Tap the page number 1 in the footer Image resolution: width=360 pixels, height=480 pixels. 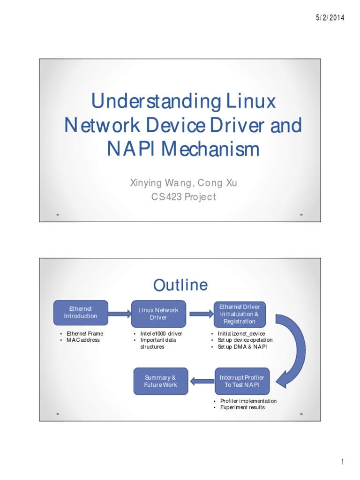tap(343, 463)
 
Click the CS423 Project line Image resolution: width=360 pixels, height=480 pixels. tap(183, 197)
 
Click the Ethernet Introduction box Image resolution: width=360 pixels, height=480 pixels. tap(81, 313)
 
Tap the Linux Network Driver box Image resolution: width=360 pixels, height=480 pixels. tap(158, 314)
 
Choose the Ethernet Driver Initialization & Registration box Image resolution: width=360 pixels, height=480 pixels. tap(240, 314)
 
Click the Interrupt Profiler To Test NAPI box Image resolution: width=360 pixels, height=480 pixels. tap(242, 381)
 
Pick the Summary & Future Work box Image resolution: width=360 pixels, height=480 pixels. tap(160, 381)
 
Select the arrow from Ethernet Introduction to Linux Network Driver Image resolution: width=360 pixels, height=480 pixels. tap(119, 314)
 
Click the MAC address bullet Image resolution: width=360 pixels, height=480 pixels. tap(83, 340)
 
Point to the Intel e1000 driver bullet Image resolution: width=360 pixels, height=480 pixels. tap(161, 334)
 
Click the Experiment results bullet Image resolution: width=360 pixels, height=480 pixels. tap(242, 407)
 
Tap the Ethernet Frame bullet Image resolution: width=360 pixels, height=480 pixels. tap(84, 334)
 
